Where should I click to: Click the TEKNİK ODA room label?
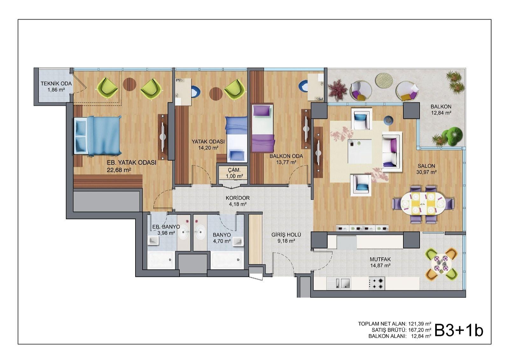pyautogui.click(x=56, y=83)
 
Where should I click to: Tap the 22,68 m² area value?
pyautogui.click(x=119, y=170)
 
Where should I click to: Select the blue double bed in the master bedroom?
pyautogui.click(x=98, y=136)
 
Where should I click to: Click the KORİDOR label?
pyautogui.click(x=238, y=198)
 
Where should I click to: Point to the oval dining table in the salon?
pyautogui.click(x=423, y=203)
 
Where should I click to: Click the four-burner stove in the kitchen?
pyautogui.click(x=377, y=283)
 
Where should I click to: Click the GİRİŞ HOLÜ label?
pyautogui.click(x=286, y=235)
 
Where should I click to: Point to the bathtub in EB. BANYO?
pyautogui.click(x=161, y=260)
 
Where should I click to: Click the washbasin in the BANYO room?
pyautogui.click(x=200, y=232)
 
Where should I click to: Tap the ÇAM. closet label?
pyautogui.click(x=234, y=170)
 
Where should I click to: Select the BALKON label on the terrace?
pyautogui.click(x=441, y=106)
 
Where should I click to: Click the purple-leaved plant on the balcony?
pyautogui.click(x=338, y=90)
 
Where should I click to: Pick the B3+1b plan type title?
pyautogui.click(x=459, y=331)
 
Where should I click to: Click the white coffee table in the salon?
pyautogui.click(x=360, y=151)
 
